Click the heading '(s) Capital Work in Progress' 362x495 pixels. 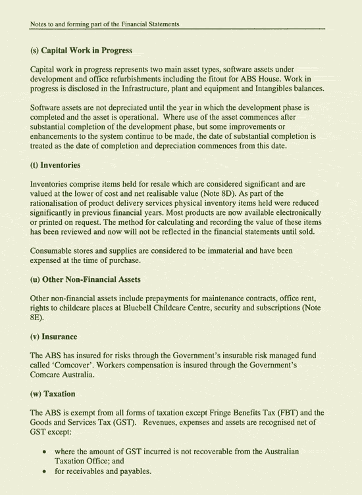[x=81, y=51]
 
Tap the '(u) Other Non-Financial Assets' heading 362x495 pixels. [x=86, y=279]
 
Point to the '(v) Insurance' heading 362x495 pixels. [x=54, y=337]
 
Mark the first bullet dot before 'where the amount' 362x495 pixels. [x=43, y=452]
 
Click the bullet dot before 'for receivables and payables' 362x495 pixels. [x=43, y=472]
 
